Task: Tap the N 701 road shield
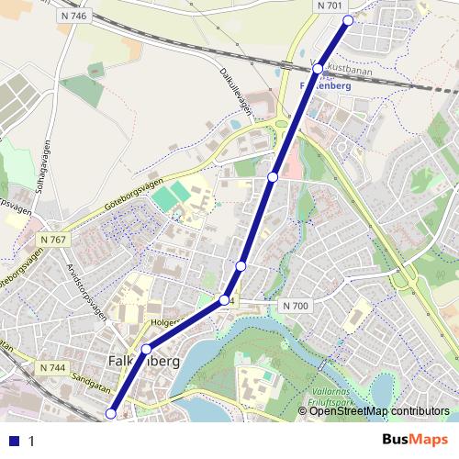[330, 6]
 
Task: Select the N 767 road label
[54, 240]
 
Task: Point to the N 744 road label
[53, 367]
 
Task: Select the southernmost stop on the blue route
[112, 414]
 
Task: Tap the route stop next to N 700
[224, 300]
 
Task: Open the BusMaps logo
[415, 440]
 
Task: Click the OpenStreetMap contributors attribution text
[380, 412]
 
